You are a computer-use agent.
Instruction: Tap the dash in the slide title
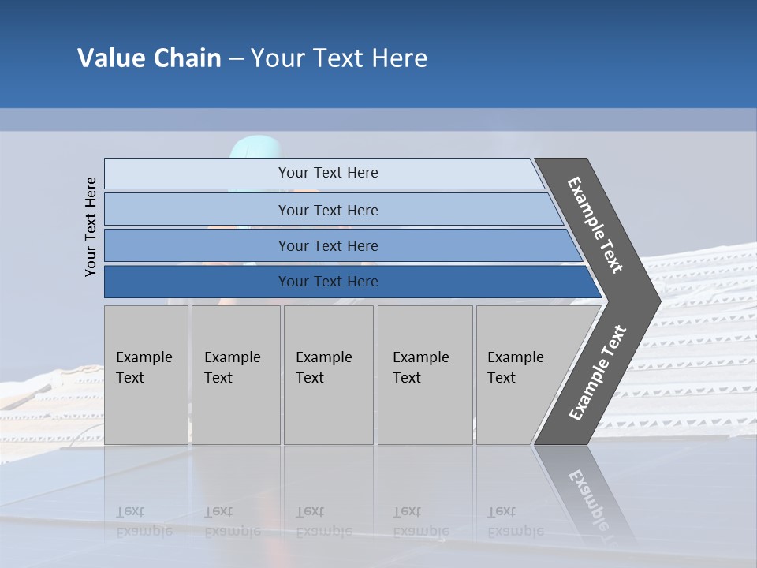click(x=236, y=59)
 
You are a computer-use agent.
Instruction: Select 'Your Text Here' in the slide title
click(x=339, y=58)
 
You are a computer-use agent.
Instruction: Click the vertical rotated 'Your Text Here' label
click(x=91, y=226)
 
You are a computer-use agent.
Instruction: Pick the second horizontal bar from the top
click(x=328, y=210)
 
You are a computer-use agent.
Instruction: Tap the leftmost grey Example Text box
click(x=146, y=375)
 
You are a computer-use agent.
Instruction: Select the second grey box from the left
click(x=235, y=375)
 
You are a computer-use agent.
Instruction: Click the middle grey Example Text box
click(x=328, y=375)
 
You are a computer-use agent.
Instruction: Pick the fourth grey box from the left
click(x=425, y=375)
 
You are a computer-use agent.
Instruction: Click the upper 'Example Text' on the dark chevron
click(x=595, y=225)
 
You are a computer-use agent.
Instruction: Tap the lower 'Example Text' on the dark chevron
click(x=597, y=373)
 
